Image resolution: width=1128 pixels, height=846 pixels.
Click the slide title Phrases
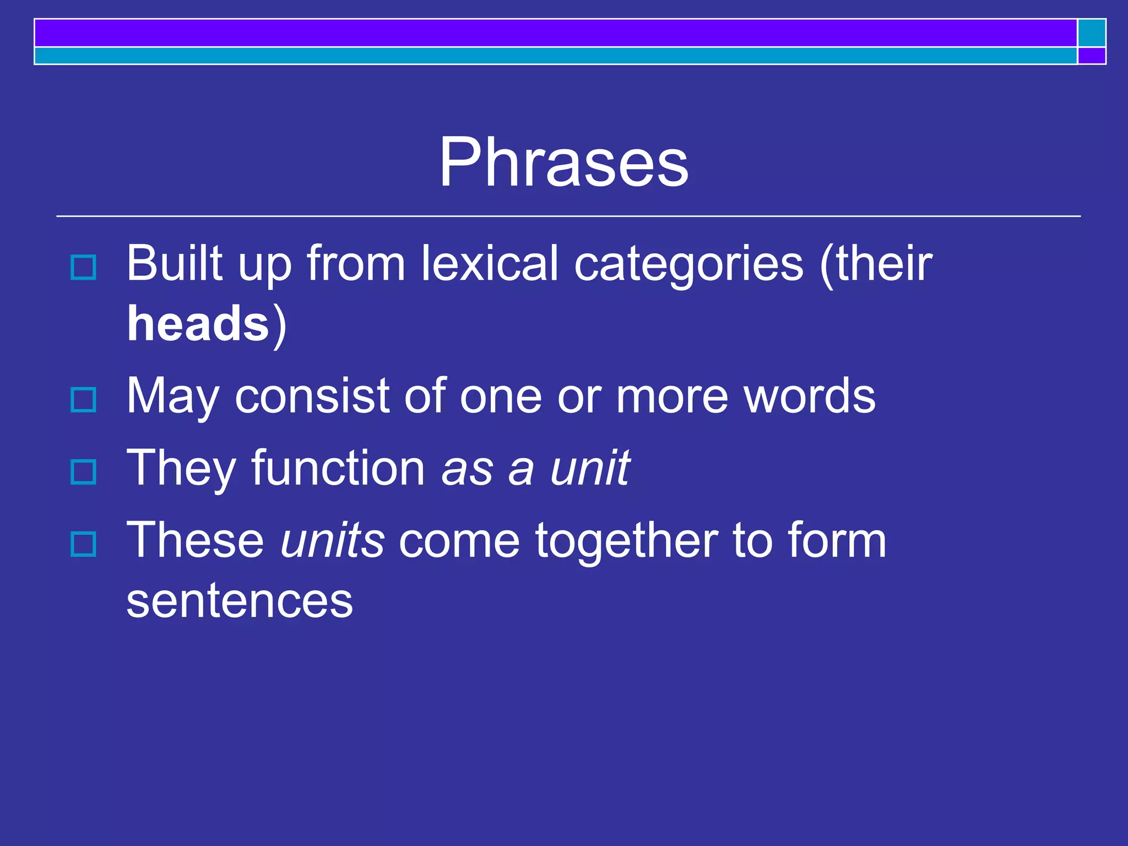[x=563, y=162]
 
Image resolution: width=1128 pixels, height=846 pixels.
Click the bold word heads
[x=198, y=324]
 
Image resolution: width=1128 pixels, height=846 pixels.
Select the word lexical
[x=490, y=263]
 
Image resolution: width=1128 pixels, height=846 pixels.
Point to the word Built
[x=175, y=263]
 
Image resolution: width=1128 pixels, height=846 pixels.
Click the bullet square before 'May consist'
[x=84, y=399]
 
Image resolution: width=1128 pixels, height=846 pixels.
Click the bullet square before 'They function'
[x=84, y=471]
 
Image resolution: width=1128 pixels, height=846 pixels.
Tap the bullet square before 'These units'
[x=84, y=544]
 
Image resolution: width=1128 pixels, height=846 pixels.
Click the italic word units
[x=332, y=540]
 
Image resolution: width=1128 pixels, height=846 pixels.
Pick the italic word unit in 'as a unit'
[x=590, y=468]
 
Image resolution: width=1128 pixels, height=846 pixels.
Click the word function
[x=338, y=468]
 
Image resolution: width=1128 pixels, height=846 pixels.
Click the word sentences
[x=240, y=600]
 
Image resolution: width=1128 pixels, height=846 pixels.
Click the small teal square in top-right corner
[x=1092, y=32]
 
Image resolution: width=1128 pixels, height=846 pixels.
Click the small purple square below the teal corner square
[x=1092, y=56]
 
